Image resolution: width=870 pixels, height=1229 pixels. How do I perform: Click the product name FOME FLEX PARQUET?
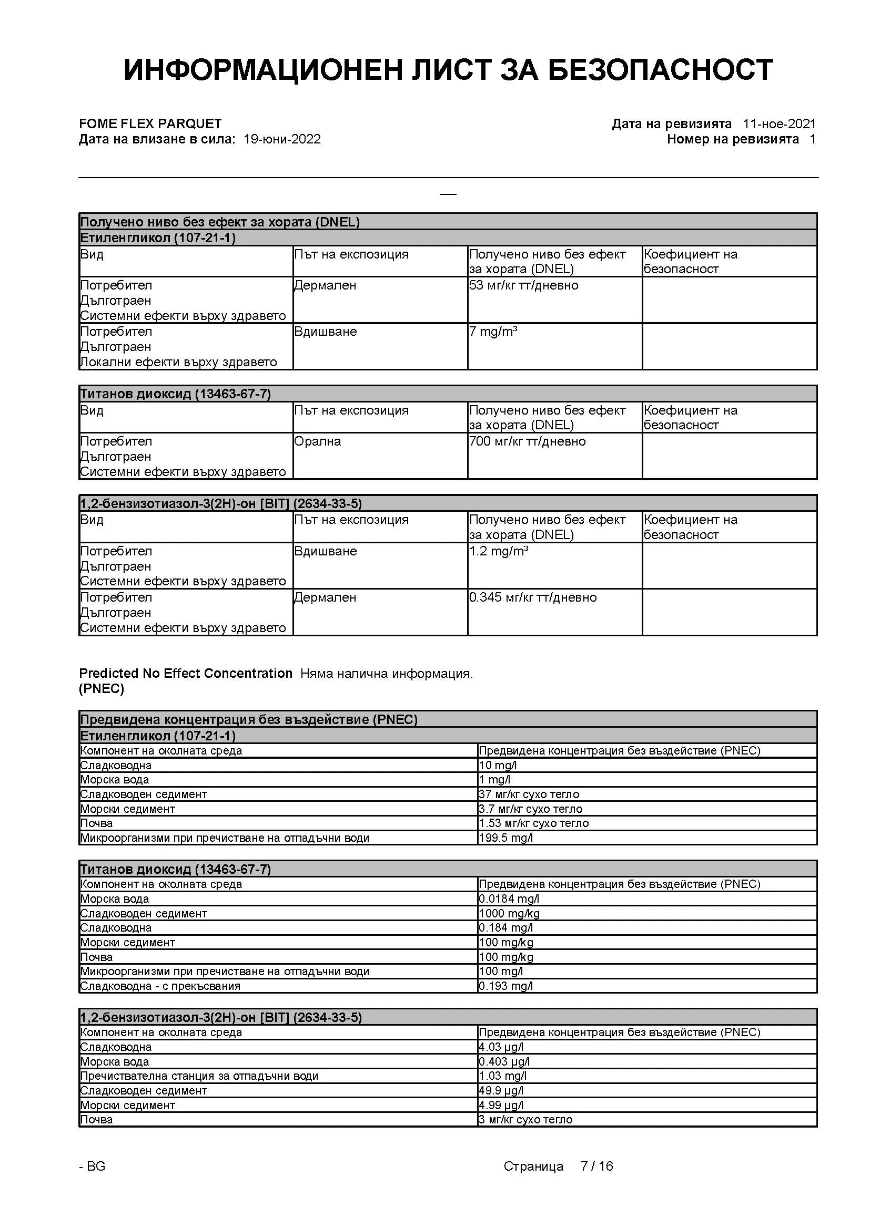[x=150, y=123]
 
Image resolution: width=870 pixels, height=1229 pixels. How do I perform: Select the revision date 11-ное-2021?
[x=779, y=123]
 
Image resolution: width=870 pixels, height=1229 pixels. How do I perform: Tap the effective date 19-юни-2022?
[x=282, y=139]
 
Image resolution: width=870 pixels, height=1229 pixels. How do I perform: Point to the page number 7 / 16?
[x=597, y=1166]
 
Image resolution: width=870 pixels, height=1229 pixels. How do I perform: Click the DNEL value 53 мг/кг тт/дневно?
[x=523, y=285]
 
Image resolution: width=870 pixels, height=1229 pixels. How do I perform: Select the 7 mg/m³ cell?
[x=493, y=332]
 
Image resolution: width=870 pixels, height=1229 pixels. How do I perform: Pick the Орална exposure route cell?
[x=317, y=441]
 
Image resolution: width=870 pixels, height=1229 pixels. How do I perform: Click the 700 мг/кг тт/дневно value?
[x=527, y=441]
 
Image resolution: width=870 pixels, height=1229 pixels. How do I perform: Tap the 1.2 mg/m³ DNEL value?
[x=498, y=551]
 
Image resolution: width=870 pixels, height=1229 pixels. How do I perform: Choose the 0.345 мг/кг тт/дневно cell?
[x=532, y=597]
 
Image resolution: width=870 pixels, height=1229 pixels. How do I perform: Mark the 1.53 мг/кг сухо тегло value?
[x=533, y=823]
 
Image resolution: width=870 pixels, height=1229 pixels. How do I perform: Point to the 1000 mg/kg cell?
[x=509, y=913]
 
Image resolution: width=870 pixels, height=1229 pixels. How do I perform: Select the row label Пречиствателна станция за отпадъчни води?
[x=199, y=1076]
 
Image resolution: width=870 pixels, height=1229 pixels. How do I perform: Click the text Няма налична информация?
[x=386, y=674]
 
